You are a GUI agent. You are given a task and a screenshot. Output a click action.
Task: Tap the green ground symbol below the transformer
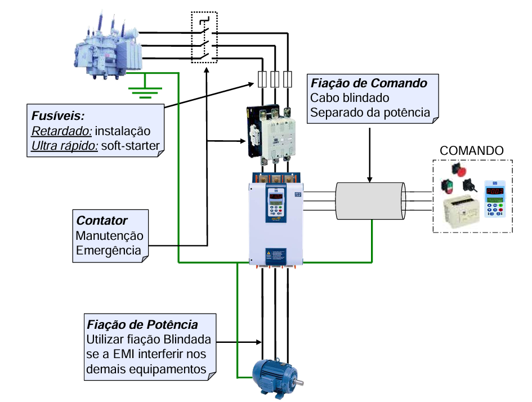[145, 89]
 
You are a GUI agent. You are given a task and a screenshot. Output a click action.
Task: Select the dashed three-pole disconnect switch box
[204, 37]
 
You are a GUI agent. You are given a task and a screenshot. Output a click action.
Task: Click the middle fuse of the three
[275, 79]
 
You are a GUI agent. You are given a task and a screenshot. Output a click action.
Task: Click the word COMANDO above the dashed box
[471, 151]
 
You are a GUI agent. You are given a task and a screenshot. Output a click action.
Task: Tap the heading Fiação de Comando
[369, 83]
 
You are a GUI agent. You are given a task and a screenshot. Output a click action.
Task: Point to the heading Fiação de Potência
[142, 325]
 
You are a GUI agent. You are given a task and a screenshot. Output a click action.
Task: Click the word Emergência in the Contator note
[108, 250]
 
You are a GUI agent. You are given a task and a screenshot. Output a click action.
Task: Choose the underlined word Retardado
[61, 131]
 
